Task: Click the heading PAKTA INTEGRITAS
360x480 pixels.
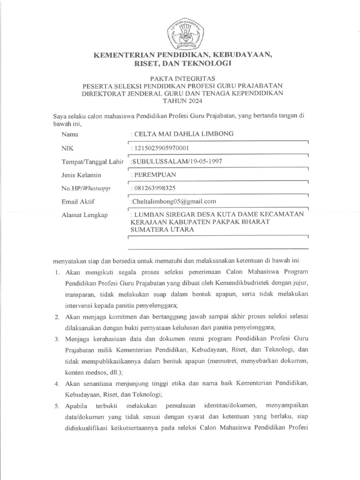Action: pyautogui.click(x=180, y=78)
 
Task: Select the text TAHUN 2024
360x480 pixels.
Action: pyautogui.click(x=180, y=101)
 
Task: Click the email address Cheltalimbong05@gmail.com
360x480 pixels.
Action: pyautogui.click(x=173, y=201)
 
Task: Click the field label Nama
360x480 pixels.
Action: pyautogui.click(x=70, y=135)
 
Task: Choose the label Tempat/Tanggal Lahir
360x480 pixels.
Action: pyautogui.click(x=92, y=162)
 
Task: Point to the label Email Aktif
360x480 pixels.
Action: pyautogui.click(x=78, y=202)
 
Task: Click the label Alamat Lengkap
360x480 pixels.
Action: pyautogui.click(x=85, y=215)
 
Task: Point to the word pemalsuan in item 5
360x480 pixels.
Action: pyautogui.click(x=177, y=405)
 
